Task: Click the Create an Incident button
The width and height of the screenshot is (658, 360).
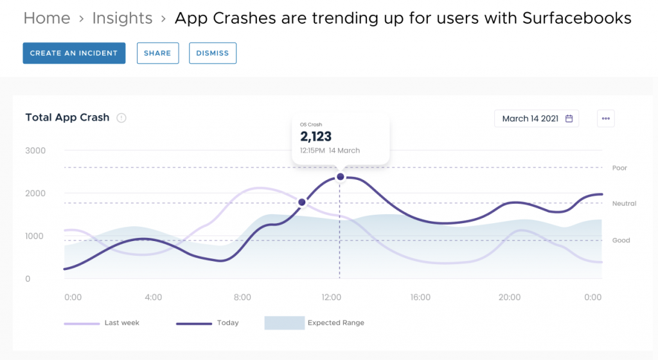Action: tap(74, 53)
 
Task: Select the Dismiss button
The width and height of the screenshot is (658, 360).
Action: tap(213, 53)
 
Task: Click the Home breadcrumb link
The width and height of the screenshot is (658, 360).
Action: tap(47, 18)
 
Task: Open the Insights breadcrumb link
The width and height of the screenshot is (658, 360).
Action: tap(122, 18)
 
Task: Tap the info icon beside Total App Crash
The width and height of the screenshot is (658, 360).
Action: tap(121, 118)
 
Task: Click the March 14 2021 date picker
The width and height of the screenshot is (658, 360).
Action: tap(537, 119)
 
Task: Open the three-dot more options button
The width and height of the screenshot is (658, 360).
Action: tap(605, 119)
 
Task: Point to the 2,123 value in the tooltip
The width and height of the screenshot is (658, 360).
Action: tap(316, 136)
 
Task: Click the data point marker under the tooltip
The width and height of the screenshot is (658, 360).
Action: tap(341, 177)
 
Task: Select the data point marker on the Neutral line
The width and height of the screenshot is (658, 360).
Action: tap(302, 203)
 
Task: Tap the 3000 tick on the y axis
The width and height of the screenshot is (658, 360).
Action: tap(35, 150)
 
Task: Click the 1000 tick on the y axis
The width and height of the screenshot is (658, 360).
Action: tap(35, 236)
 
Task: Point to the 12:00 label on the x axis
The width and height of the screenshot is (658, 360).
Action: tap(332, 298)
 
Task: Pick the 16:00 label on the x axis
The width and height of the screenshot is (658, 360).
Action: tap(420, 298)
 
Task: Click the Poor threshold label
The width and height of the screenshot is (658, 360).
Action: tap(619, 168)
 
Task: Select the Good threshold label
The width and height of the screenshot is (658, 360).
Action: tap(621, 240)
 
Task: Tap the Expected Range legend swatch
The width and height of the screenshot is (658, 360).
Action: tap(284, 323)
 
